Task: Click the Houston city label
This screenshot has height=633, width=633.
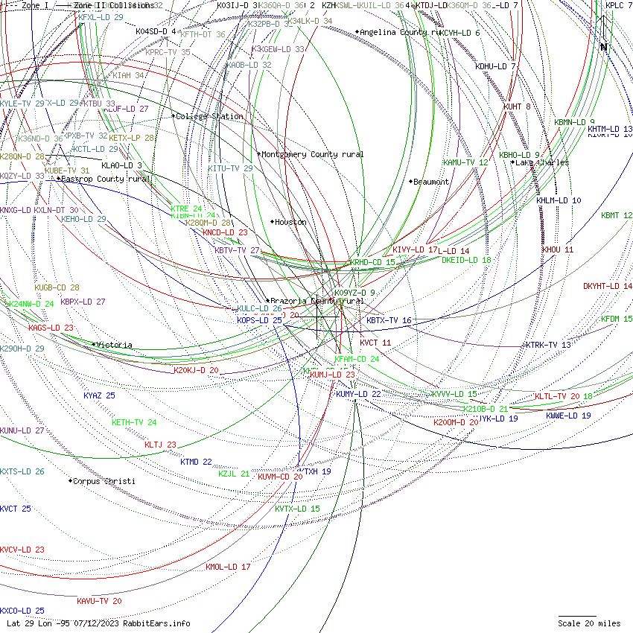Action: [290, 222]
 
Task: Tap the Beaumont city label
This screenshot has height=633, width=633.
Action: [430, 182]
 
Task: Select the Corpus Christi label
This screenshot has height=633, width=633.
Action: [104, 481]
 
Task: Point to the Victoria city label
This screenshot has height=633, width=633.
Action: [114, 345]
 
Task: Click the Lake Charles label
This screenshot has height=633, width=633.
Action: [541, 162]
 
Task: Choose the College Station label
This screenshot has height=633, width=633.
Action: [209, 116]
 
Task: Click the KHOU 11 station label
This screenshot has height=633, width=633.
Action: [558, 249]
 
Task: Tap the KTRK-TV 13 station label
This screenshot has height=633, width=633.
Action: [548, 345]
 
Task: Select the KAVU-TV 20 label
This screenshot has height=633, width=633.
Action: [99, 601]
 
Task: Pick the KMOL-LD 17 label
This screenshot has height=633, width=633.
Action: [228, 567]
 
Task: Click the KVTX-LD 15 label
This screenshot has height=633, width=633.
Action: [297, 509]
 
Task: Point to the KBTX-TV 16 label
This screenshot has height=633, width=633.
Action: [389, 320]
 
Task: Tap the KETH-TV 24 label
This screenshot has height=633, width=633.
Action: [134, 422]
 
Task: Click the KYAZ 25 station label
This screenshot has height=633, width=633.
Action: [99, 395]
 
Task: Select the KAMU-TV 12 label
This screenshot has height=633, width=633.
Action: [465, 162]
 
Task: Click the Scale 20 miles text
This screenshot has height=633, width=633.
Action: [589, 623]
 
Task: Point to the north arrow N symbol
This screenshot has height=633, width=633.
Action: [604, 47]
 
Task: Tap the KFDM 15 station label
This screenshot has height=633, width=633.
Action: [617, 319]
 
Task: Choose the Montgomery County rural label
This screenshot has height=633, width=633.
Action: [312, 154]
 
